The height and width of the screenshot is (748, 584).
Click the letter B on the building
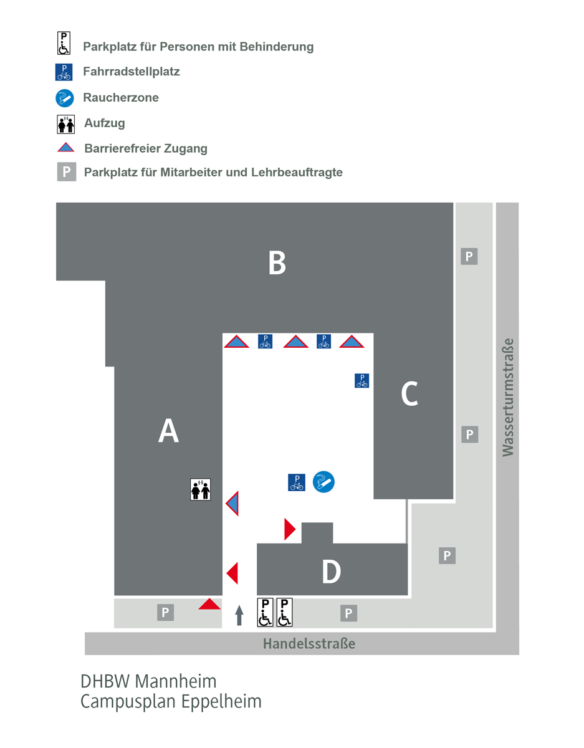(277, 262)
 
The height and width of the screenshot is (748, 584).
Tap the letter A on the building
(168, 431)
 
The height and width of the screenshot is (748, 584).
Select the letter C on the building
(409, 393)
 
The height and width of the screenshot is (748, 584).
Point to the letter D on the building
(331, 572)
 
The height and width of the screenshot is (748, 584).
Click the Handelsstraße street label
(309, 643)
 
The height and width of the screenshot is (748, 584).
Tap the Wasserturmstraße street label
(509, 397)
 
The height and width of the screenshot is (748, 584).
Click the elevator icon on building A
(201, 489)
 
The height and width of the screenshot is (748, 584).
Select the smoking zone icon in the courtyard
(323, 482)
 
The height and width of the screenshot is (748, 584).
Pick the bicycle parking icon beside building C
(361, 380)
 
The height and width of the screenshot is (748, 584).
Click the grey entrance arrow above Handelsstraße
(239, 615)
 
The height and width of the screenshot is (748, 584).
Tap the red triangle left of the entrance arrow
(210, 604)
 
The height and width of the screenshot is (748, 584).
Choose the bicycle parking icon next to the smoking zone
(297, 482)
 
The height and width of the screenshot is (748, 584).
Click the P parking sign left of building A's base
(165, 613)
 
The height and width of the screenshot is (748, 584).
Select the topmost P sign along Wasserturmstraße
(469, 256)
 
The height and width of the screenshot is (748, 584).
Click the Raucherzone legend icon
(64, 98)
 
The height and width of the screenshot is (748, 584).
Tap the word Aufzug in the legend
(105, 123)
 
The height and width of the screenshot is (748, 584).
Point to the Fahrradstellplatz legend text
(131, 72)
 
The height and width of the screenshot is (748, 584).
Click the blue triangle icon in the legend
(65, 148)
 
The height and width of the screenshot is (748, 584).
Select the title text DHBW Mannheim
(148, 681)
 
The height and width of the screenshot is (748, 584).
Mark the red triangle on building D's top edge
(289, 529)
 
